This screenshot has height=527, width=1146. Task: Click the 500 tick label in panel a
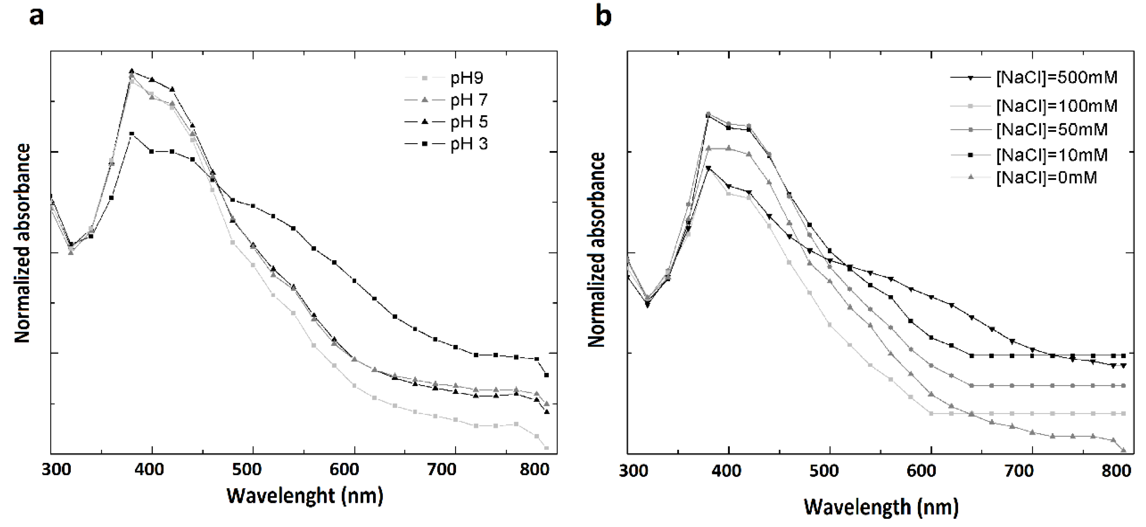click(x=253, y=470)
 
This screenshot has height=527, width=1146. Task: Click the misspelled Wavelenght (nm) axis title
click(x=305, y=495)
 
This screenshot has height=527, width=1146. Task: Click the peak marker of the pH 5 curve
click(x=132, y=71)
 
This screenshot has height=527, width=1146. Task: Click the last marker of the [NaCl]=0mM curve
click(x=1123, y=450)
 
